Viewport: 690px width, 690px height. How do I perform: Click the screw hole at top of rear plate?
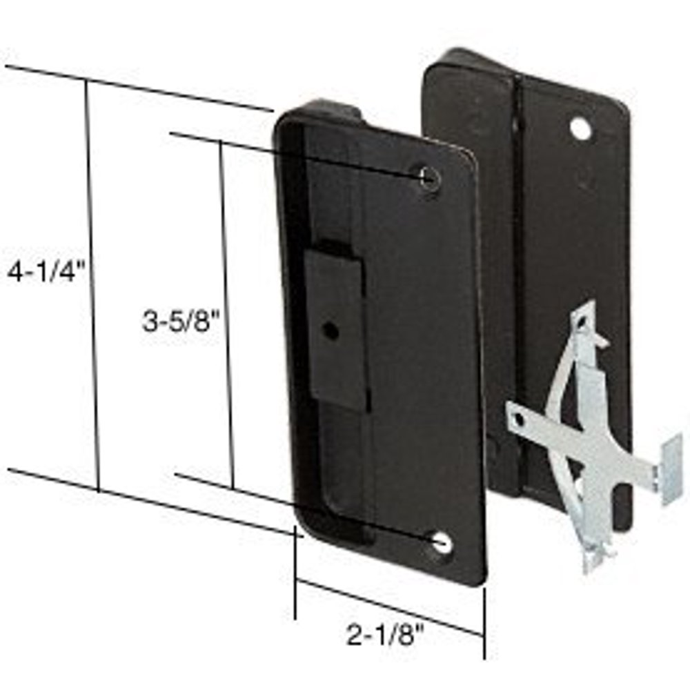(x=580, y=129)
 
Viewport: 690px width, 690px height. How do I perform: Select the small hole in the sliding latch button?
(x=332, y=331)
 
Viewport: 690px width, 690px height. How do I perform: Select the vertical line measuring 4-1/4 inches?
(x=92, y=283)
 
